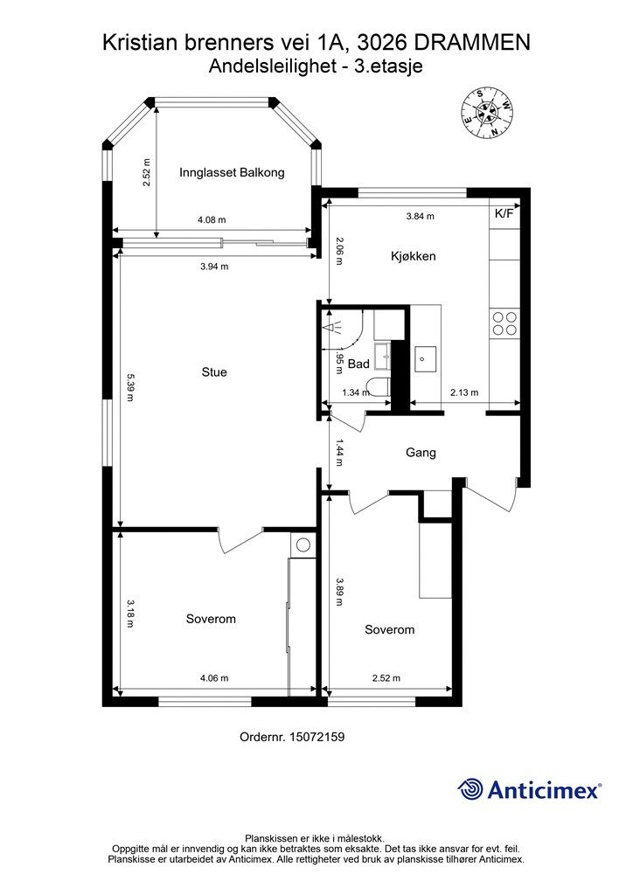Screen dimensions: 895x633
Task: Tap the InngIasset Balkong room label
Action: (x=232, y=172)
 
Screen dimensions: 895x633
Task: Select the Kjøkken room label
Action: (x=413, y=256)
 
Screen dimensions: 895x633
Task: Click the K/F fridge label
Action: (x=505, y=213)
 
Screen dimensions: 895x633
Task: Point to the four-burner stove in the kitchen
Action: (x=504, y=323)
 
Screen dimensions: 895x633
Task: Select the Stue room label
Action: (x=214, y=372)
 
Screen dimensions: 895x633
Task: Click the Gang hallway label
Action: (x=421, y=453)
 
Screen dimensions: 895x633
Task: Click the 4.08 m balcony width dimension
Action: (x=212, y=220)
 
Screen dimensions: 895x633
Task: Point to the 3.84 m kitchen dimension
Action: (x=421, y=216)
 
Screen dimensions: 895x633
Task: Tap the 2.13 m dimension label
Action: (x=463, y=393)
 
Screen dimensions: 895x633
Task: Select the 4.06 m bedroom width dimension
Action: (x=213, y=677)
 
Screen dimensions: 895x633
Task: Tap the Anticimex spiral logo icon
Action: (x=470, y=789)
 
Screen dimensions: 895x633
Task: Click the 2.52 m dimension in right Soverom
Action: (x=386, y=677)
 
